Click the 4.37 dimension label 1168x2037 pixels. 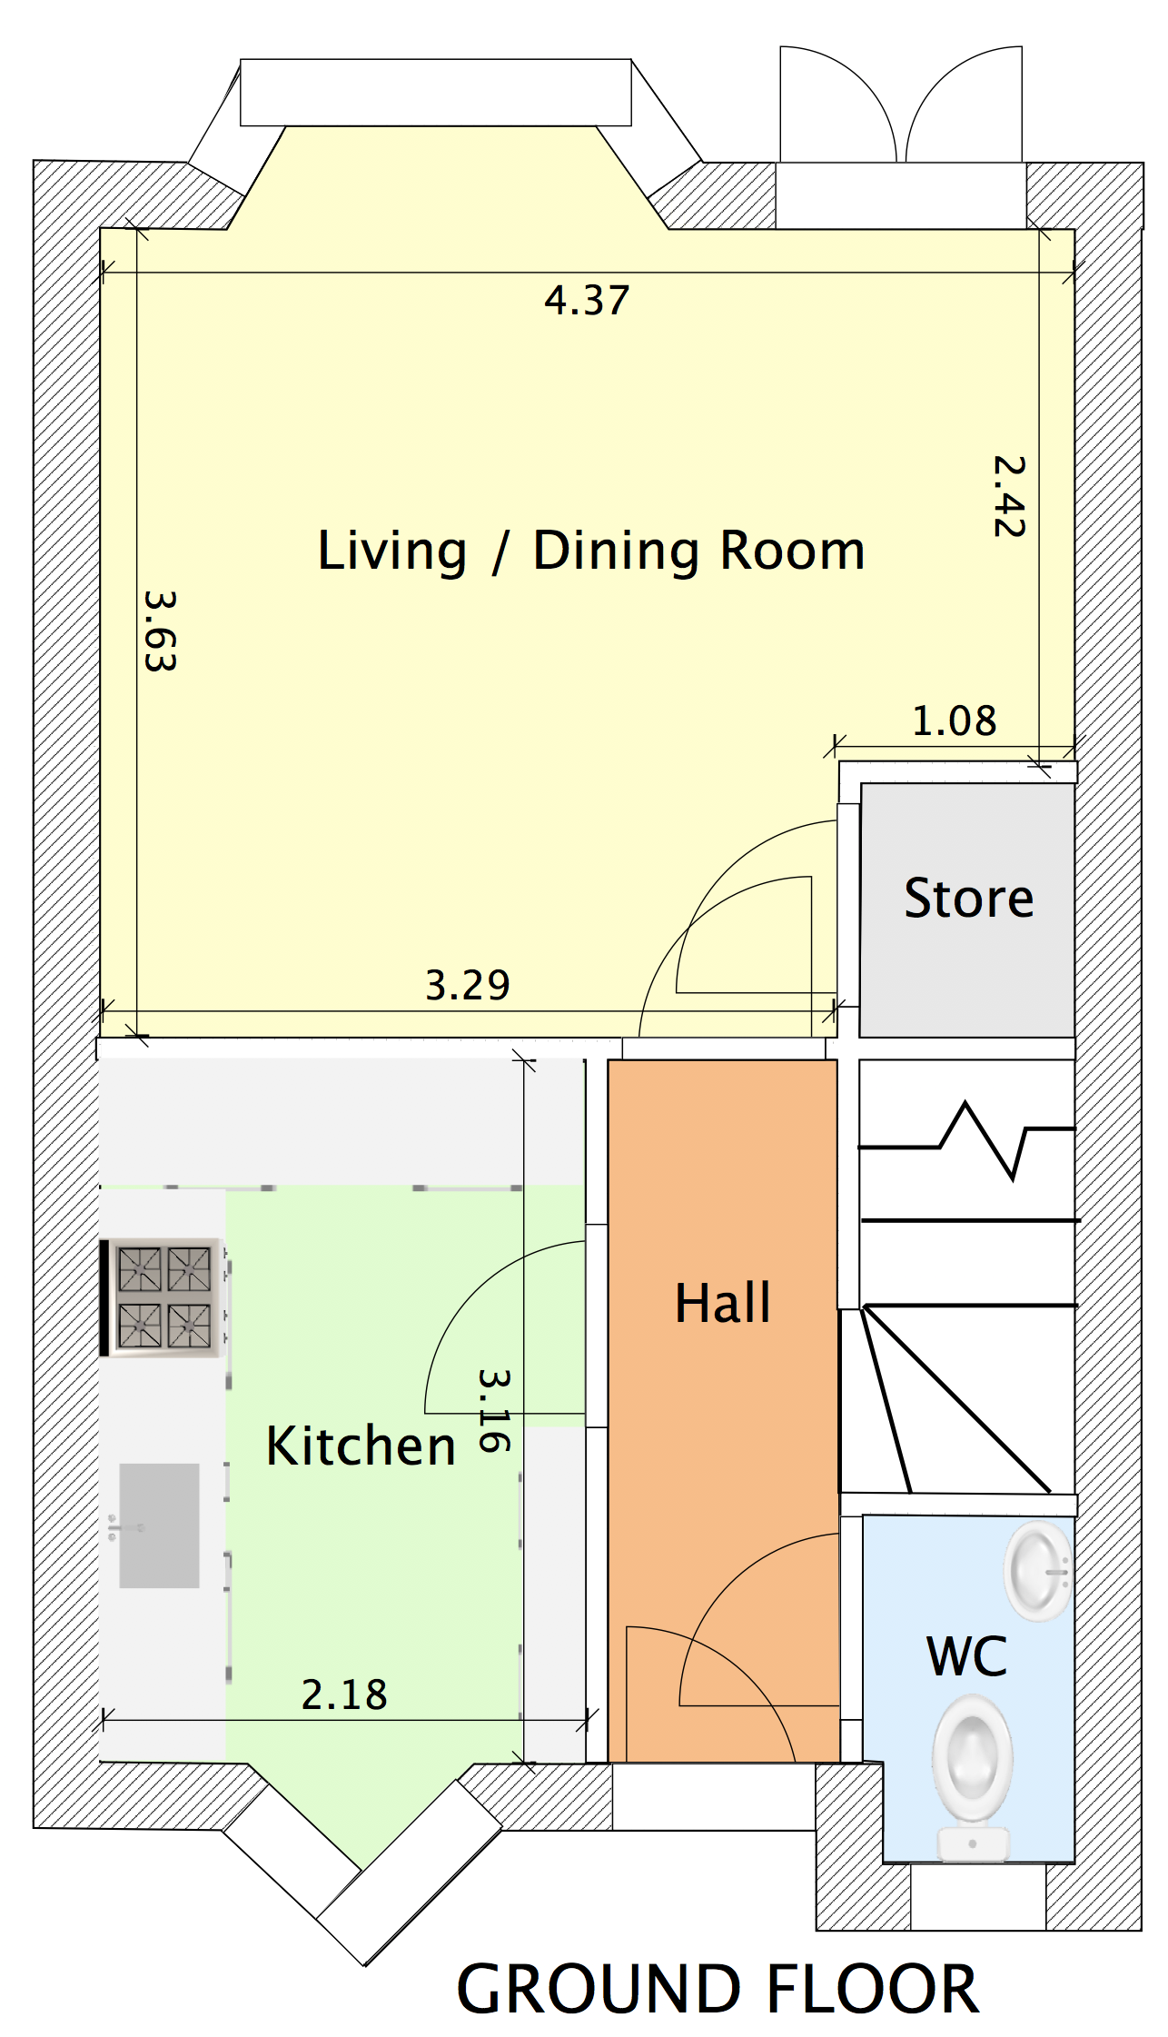587,301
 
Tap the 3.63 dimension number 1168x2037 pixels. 161,631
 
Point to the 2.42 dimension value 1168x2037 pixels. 1009,496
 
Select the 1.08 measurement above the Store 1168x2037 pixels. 954,721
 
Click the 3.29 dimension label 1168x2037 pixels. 468,985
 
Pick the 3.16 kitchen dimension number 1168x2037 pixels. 495,1410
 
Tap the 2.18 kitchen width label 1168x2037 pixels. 344,1694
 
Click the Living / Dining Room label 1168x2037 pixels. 591,551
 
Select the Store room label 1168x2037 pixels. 969,898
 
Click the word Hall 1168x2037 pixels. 723,1303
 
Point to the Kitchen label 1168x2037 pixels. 361,1446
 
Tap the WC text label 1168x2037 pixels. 967,1655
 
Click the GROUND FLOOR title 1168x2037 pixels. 718,1989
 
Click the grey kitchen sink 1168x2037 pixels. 159,1525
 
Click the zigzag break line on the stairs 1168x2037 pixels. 967,1139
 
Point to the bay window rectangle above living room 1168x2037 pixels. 436,93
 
